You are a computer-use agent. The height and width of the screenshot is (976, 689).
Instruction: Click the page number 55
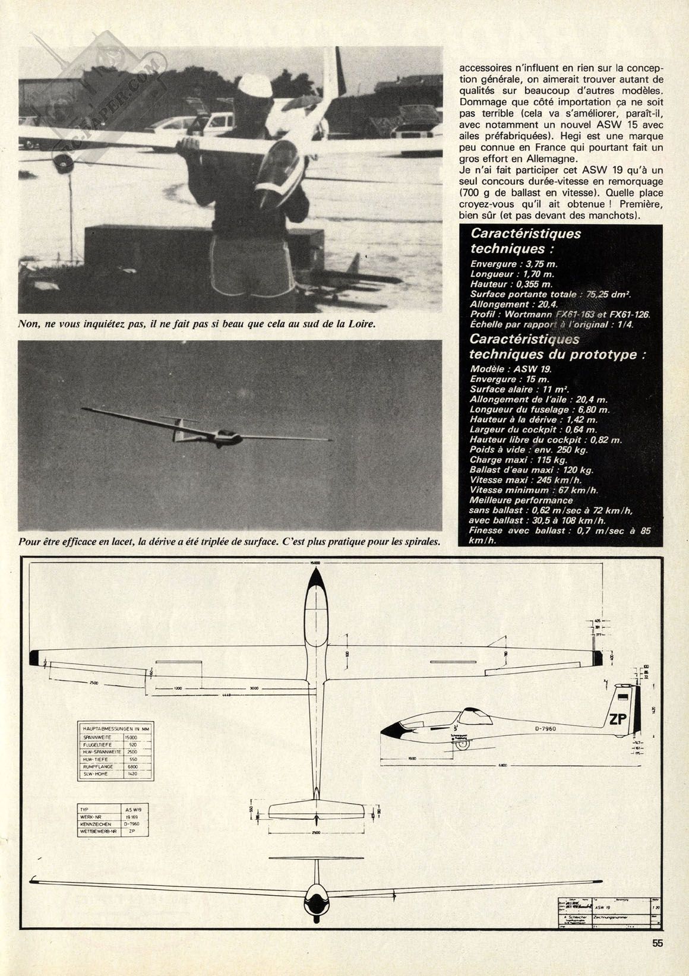pos(657,959)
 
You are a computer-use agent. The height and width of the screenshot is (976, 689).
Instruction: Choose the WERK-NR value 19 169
pos(131,818)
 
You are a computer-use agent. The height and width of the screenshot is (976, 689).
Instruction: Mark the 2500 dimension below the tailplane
pos(316,833)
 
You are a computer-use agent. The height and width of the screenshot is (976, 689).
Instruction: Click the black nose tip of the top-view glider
pos(315,574)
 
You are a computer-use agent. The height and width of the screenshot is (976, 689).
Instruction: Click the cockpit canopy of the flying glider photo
pos(225,434)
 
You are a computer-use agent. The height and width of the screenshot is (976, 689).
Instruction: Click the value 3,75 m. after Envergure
pos(539,264)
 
